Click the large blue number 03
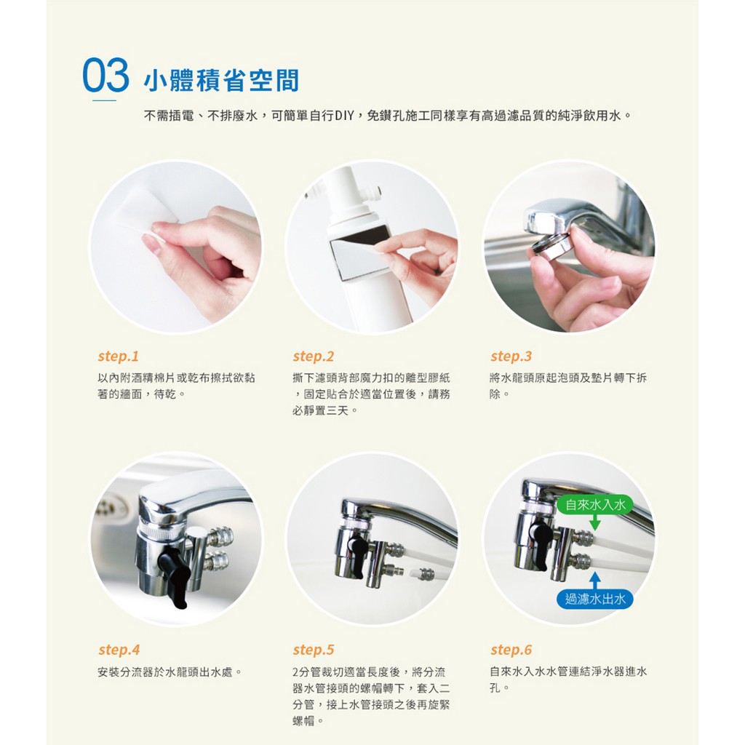105,75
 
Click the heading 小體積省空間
221,80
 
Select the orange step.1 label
119,356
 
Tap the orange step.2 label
314,356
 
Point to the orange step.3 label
511,356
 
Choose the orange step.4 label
119,650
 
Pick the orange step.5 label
314,650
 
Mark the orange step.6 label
511,650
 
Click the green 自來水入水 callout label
595,505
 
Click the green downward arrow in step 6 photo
595,522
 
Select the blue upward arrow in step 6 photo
595,581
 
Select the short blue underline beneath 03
105,100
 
